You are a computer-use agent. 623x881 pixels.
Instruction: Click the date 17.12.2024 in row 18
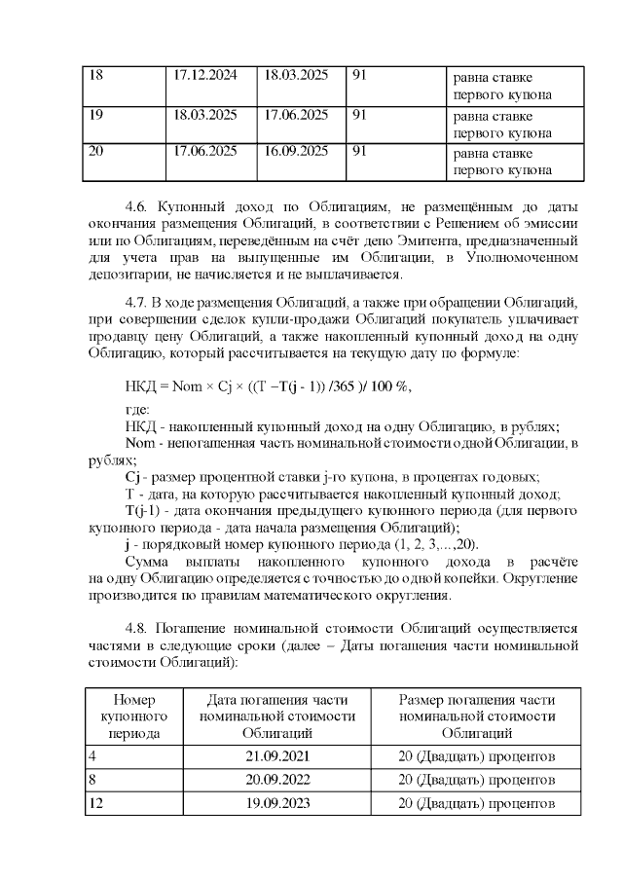[204, 76]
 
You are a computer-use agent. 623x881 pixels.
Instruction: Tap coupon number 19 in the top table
[95, 114]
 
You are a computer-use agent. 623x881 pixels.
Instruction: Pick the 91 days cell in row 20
[358, 151]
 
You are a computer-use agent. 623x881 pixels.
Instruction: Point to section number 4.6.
[142, 207]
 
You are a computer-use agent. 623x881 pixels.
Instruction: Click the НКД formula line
[269, 385]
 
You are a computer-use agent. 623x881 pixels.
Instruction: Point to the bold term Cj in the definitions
[135, 477]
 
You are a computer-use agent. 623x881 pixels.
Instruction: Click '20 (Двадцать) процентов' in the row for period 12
[477, 804]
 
